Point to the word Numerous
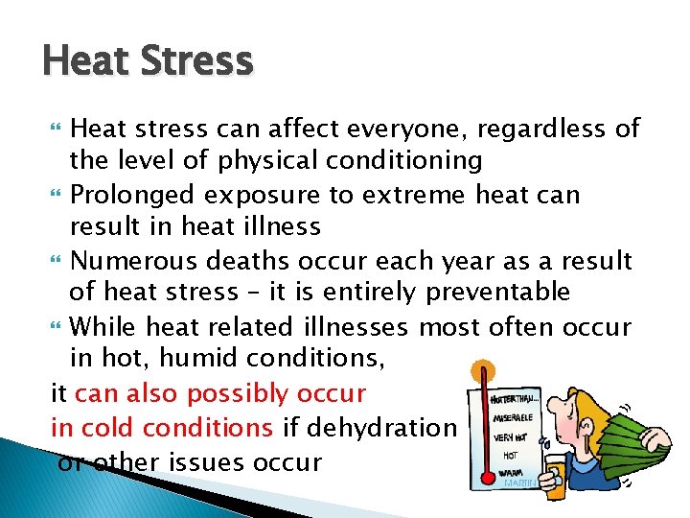(134, 261)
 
